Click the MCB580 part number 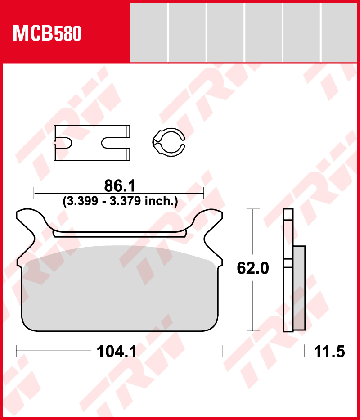pos(47,33)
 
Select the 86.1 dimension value pos(120,185)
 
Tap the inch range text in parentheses pos(120,201)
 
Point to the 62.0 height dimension pos(252,268)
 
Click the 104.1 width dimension pos(117,352)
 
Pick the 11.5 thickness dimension pos(329,352)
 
